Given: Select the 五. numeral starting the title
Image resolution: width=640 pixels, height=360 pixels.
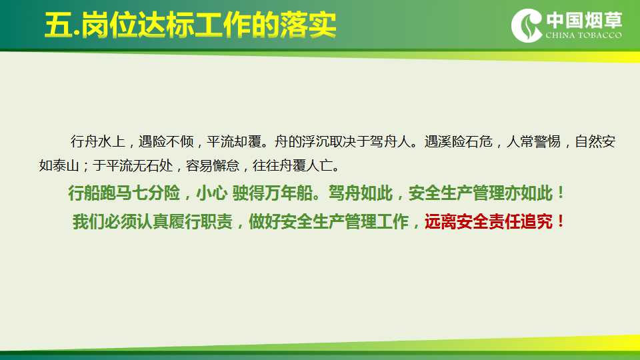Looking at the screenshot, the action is point(62,25).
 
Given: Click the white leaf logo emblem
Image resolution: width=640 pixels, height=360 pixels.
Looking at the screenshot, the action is point(527,25).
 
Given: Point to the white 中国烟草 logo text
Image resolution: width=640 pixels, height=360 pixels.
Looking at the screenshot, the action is point(584,20).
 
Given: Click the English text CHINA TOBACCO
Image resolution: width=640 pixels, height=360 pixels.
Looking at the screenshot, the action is point(584,35).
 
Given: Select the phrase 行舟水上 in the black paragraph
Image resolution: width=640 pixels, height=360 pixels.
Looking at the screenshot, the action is point(97,141).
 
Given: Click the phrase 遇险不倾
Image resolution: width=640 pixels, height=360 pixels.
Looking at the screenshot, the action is point(166,141).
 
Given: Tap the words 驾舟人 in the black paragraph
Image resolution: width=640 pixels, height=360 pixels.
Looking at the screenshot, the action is point(390,141).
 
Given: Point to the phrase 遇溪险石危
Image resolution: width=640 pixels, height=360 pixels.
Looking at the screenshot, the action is point(458,141).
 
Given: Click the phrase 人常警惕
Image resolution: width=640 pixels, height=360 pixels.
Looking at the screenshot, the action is point(533,141).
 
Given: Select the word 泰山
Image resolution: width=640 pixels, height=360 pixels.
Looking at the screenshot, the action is point(66,166).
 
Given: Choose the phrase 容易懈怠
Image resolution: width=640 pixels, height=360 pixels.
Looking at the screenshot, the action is point(213,166).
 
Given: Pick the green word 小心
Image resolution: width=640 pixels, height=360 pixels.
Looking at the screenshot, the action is point(212,193).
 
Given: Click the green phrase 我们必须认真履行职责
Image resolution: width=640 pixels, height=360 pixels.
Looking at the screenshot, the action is point(153,221).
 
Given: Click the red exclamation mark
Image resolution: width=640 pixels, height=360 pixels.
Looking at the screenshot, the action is point(561,221).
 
